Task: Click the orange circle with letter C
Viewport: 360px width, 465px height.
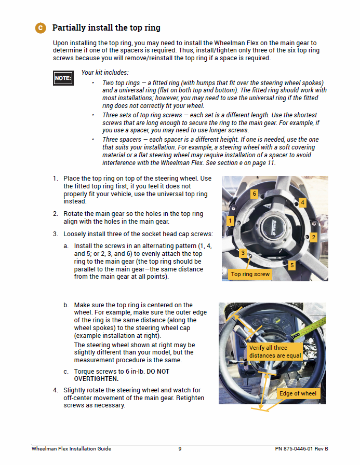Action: (41, 28)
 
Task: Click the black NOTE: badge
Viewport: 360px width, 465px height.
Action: (63, 78)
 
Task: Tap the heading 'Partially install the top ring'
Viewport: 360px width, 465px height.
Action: (106, 28)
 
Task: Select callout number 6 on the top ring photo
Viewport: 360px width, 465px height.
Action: (254, 194)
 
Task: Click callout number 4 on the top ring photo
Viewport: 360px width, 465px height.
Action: (302, 202)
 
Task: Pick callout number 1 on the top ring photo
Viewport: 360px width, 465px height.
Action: (230, 221)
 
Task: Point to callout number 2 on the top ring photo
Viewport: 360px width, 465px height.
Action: (313, 237)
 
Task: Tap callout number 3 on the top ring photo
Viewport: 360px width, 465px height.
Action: (243, 253)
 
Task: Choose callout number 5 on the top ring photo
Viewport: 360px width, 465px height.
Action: (291, 265)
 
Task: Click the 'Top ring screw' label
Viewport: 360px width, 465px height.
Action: (250, 274)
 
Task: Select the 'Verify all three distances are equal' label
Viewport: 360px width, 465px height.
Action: (275, 351)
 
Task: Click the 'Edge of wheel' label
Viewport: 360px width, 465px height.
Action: (298, 393)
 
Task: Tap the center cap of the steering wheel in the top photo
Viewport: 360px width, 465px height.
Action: (276, 227)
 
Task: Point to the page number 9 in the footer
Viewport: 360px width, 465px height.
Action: (180, 449)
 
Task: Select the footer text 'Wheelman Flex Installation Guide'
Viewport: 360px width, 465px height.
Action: (71, 449)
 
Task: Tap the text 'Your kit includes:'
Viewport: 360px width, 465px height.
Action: (105, 73)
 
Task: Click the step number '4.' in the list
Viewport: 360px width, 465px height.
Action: (56, 390)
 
